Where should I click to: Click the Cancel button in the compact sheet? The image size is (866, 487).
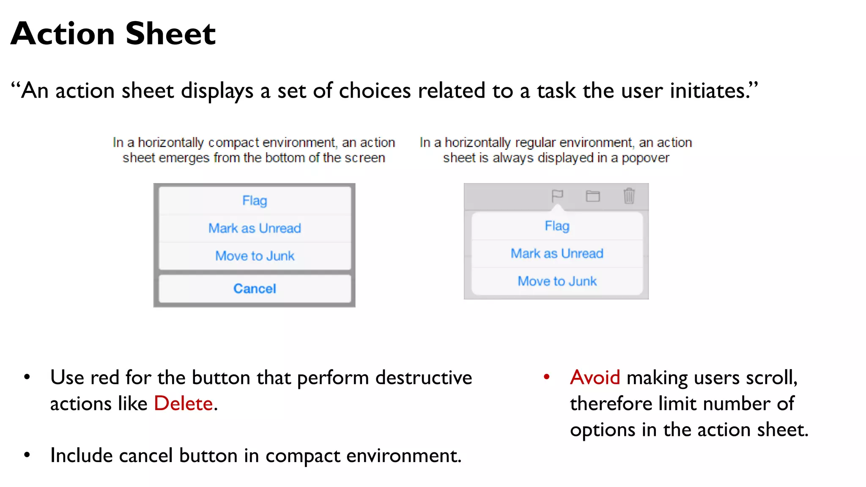click(x=255, y=289)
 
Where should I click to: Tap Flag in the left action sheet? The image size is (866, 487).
click(x=255, y=200)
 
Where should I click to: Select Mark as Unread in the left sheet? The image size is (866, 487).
click(x=255, y=228)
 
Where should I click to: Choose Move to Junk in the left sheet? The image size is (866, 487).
click(x=255, y=256)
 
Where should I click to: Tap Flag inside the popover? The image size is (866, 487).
click(x=557, y=226)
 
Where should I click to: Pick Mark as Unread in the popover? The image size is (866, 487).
click(x=557, y=254)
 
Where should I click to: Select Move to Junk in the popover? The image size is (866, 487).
click(x=557, y=281)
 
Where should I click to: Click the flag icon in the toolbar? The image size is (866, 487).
click(x=557, y=196)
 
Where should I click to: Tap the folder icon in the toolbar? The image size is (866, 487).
click(x=593, y=196)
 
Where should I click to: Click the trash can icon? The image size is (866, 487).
click(x=629, y=196)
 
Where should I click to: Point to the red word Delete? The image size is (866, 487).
click(x=183, y=403)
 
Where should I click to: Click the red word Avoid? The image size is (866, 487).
click(x=595, y=377)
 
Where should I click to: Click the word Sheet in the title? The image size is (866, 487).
click(x=170, y=34)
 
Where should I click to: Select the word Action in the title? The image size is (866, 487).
click(x=63, y=34)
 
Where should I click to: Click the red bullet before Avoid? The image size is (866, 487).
click(x=546, y=377)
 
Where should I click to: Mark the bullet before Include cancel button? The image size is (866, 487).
click(x=27, y=455)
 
